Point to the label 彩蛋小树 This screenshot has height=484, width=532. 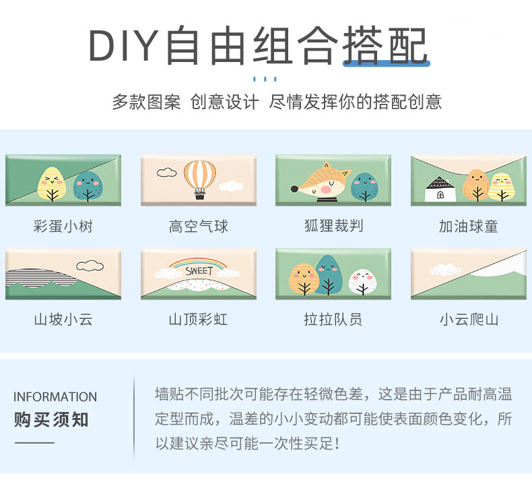[x=63, y=226]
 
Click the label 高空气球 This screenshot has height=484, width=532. [x=198, y=226]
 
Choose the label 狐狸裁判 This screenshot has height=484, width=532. [x=333, y=226]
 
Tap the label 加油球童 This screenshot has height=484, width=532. [x=468, y=226]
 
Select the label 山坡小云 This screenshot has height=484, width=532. [x=63, y=319]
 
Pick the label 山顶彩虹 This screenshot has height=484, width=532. [x=198, y=319]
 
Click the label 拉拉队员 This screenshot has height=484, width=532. [x=333, y=319]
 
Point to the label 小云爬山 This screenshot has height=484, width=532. [x=468, y=319]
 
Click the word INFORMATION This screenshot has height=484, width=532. [x=55, y=397]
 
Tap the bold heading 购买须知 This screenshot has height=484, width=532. [x=51, y=420]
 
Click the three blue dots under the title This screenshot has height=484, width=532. [x=266, y=79]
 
